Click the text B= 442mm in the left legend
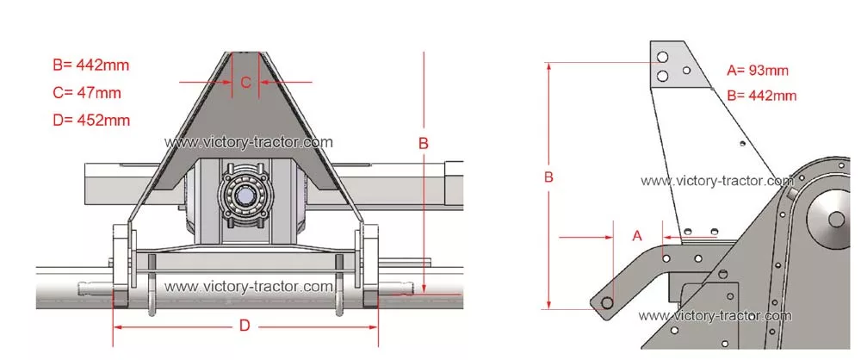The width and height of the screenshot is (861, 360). (x=91, y=65)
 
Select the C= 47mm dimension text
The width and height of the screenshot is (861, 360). (x=87, y=92)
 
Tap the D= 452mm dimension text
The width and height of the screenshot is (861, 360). (x=92, y=120)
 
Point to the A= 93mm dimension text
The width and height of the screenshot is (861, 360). (x=757, y=71)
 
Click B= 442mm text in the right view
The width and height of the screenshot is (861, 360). (x=762, y=95)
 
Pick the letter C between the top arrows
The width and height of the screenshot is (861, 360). (x=246, y=83)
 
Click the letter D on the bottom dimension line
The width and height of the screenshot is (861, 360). (x=245, y=326)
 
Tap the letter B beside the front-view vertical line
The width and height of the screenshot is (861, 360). (x=424, y=144)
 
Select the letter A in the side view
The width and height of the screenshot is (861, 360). (x=637, y=236)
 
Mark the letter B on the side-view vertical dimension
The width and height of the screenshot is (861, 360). (x=548, y=177)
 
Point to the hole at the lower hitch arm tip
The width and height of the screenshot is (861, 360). (x=607, y=303)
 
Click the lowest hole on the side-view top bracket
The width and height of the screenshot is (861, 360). (x=663, y=76)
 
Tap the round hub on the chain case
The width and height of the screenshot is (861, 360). (x=833, y=220)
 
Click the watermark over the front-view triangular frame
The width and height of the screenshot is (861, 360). (x=248, y=142)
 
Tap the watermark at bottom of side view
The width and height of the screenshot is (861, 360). (x=715, y=315)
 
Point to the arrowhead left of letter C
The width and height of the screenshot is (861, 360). (x=226, y=83)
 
